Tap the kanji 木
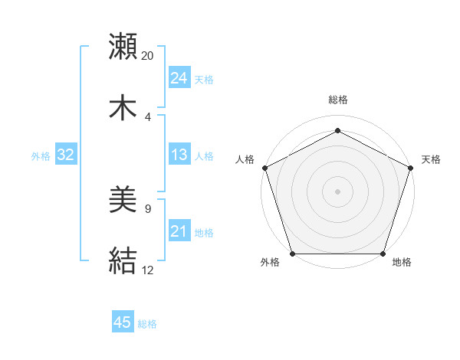[123, 106]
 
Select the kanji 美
[123, 201]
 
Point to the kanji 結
[123, 260]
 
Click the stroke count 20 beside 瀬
[148, 56]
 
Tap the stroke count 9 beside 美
[148, 208]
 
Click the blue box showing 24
[179, 78]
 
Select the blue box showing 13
[179, 155]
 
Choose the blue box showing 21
[179, 231]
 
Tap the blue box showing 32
[66, 155]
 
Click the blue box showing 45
[123, 322]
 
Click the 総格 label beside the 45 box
[147, 324]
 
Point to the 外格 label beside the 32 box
[41, 155]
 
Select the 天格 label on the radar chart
[431, 159]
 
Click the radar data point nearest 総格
[337, 131]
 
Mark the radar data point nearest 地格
[383, 254]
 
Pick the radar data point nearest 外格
[292, 254]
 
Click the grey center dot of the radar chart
[337, 191]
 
